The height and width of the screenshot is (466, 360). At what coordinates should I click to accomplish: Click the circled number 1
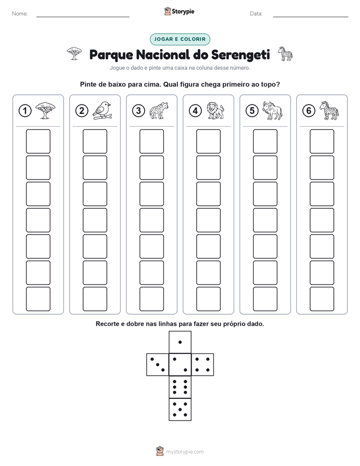[x=25, y=111]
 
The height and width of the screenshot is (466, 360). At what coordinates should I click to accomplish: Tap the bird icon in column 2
[x=102, y=110]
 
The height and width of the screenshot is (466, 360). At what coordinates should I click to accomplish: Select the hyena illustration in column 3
[x=159, y=110]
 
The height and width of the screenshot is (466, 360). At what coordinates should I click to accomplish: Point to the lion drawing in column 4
[x=215, y=110]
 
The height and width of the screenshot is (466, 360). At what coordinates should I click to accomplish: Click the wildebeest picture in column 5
[x=272, y=110]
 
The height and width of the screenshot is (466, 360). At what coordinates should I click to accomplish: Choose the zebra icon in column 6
[x=329, y=110]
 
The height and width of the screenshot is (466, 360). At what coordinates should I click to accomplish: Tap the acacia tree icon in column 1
[x=45, y=110]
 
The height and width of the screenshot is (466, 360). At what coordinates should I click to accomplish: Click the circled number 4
[x=195, y=111]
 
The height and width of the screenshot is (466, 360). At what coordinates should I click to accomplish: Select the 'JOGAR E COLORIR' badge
[x=180, y=39]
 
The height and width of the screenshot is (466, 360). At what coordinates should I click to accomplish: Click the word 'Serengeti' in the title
[x=241, y=54]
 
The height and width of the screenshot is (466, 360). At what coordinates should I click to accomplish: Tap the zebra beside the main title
[x=285, y=54]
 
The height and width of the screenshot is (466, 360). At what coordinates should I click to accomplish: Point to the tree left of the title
[x=74, y=53]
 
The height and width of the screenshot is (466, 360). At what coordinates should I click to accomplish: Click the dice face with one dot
[x=180, y=342]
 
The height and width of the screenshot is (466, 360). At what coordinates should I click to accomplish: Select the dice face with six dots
[x=180, y=387]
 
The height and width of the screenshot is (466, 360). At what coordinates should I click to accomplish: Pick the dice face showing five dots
[x=180, y=410]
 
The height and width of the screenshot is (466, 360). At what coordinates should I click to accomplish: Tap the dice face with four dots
[x=203, y=365]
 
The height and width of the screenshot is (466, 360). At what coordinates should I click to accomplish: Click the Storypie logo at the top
[x=179, y=11]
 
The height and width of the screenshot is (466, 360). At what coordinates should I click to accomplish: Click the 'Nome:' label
[x=20, y=14]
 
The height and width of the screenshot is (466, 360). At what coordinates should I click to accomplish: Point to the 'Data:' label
[x=256, y=14]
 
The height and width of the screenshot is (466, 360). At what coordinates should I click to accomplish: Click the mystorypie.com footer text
[x=185, y=452]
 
